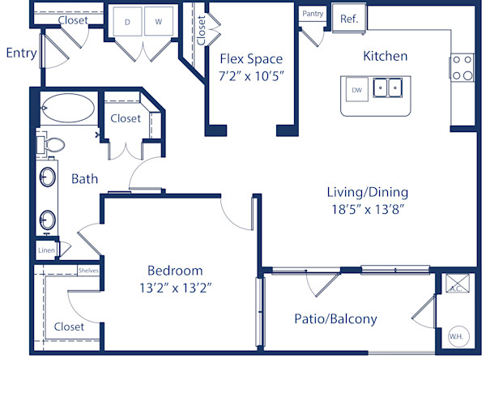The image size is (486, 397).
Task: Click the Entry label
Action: coord(21,53)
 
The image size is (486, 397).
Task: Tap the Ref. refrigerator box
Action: coord(349,19)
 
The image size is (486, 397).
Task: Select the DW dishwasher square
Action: coord(355,89)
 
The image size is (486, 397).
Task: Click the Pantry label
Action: coord(313,14)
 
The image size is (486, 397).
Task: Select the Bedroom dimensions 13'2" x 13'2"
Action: coord(175,287)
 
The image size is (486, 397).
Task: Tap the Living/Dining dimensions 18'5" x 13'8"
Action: coord(367,209)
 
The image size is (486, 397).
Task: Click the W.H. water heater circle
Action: coord(455,335)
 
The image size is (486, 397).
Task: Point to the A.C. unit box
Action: coord(455,288)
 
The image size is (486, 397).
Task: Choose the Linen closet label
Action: coord(46,251)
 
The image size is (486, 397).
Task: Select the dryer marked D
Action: coord(128,22)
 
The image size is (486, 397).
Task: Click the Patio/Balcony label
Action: coord(335,318)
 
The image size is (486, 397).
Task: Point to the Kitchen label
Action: coord(385,57)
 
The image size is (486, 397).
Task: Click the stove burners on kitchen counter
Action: coord(462,67)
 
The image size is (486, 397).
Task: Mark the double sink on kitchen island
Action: coord(390,87)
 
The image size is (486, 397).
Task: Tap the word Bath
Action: coord(85,178)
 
